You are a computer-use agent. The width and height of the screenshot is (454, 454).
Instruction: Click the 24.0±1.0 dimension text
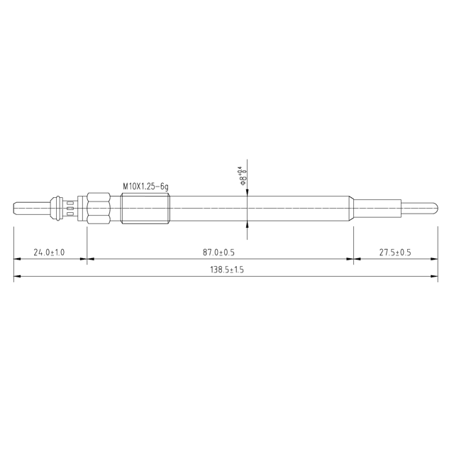(49, 252)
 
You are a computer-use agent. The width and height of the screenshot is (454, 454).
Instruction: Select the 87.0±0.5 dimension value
(218, 252)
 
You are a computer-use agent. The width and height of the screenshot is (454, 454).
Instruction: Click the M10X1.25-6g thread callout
(145, 186)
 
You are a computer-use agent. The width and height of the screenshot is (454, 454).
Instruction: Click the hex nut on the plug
(99, 207)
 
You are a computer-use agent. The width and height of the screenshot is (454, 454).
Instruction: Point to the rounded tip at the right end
(434, 207)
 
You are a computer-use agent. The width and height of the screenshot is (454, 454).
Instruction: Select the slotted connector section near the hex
(70, 207)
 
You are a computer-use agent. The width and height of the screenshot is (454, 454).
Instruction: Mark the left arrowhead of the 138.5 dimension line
(18, 277)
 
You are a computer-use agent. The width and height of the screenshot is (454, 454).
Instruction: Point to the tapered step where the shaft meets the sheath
(351, 207)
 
